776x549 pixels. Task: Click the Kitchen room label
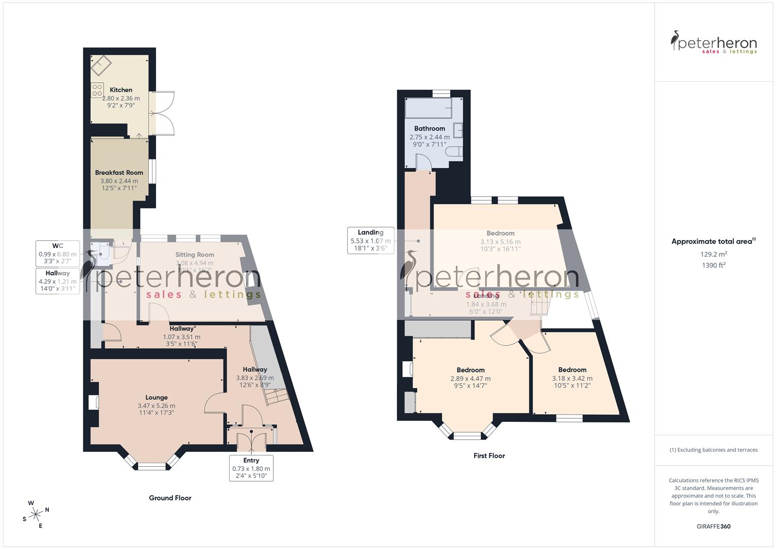(121, 90)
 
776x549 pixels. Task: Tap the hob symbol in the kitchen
(97, 90)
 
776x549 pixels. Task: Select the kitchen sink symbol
(101, 66)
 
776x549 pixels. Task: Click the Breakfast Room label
(119, 173)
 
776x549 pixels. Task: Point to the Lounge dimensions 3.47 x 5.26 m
(156, 406)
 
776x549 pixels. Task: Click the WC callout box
(57, 254)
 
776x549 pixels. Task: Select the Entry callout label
(251, 468)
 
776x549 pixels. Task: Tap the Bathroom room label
(429, 129)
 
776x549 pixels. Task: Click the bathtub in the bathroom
(428, 109)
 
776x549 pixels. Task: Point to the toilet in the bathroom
(454, 151)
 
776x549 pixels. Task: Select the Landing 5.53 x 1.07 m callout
(370, 240)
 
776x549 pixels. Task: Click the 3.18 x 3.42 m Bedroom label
(572, 378)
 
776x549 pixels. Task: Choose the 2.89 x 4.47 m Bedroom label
(471, 378)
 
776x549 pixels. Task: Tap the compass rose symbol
(36, 514)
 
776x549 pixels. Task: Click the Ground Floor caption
(170, 498)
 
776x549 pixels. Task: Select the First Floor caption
(489, 455)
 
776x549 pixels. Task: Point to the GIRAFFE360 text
(713, 526)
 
